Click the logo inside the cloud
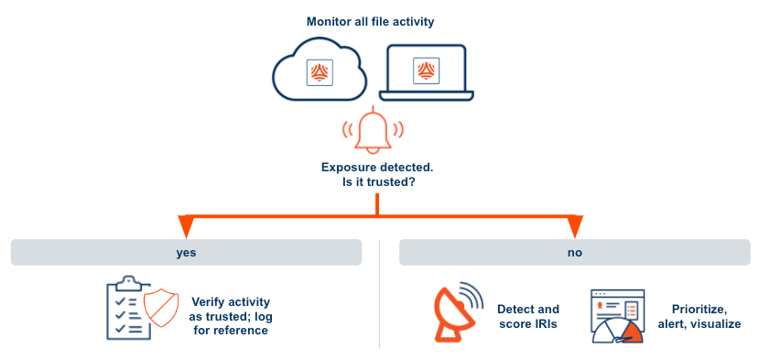(x=320, y=73)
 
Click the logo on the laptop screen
(x=426, y=71)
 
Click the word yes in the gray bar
(x=187, y=252)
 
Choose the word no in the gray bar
(x=574, y=252)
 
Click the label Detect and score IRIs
(x=528, y=316)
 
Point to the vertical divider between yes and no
(x=379, y=293)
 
